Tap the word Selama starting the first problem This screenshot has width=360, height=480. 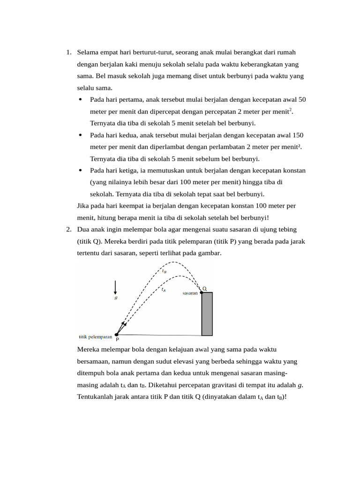point(88,52)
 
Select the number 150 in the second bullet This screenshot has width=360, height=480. point(298,135)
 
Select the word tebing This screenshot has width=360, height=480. point(287,229)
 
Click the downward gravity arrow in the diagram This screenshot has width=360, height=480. point(115,287)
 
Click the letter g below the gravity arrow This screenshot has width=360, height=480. point(116,298)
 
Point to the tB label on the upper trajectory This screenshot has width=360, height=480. point(164,271)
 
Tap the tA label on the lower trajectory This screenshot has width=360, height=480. point(164,290)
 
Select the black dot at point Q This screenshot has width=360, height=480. point(202,292)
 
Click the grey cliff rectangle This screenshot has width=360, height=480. point(207,314)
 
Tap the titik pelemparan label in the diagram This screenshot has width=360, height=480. point(95,337)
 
